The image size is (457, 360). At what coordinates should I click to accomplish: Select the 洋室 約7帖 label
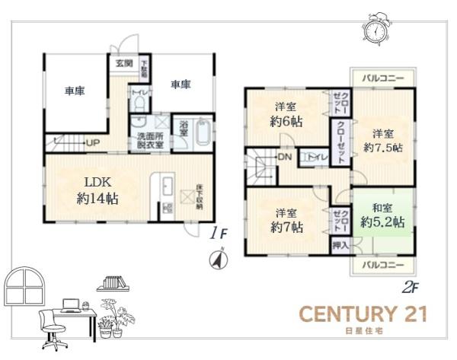click(287, 220)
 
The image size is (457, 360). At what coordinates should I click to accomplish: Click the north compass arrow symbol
click(217, 260)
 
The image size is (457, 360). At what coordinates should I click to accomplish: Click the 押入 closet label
click(340, 245)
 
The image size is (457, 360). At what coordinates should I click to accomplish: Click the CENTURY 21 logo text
click(363, 314)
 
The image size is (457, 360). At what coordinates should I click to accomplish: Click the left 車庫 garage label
click(74, 91)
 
